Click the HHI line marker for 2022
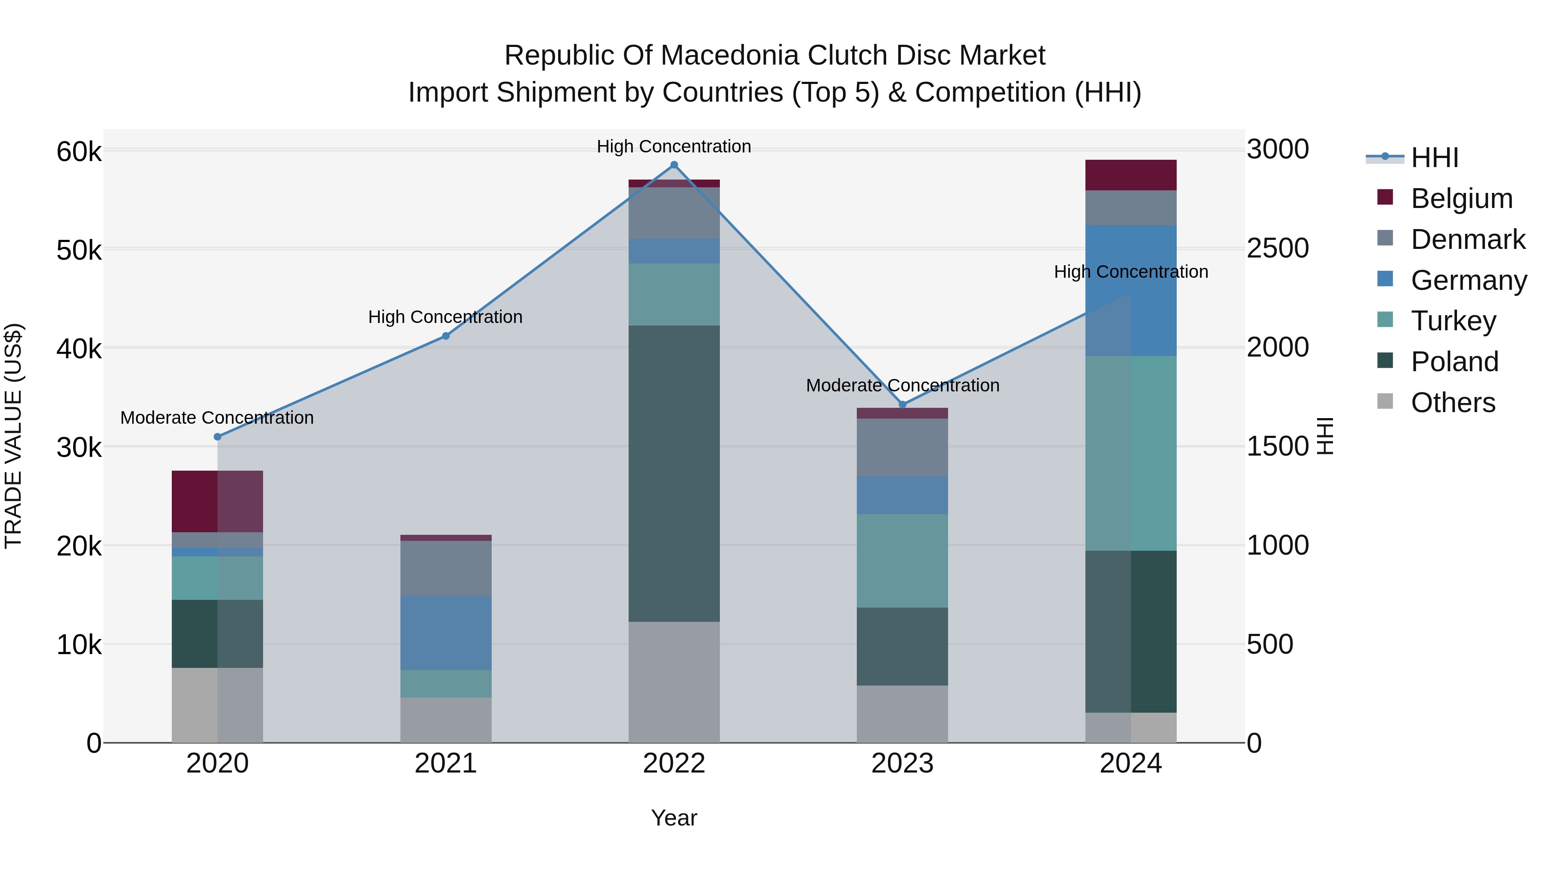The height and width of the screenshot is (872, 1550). pyautogui.click(x=674, y=165)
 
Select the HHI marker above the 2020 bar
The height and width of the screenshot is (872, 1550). pyautogui.click(x=217, y=437)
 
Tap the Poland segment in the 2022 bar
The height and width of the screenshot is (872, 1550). pyautogui.click(x=674, y=474)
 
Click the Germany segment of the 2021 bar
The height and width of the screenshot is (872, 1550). pyautogui.click(x=446, y=633)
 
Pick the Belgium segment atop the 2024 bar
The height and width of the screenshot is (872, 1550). pyautogui.click(x=1131, y=175)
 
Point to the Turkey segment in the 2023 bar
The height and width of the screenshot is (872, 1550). pyautogui.click(x=902, y=561)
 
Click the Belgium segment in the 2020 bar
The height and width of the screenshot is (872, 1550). pyautogui.click(x=217, y=501)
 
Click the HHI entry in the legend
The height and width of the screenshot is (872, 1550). pyautogui.click(x=1435, y=158)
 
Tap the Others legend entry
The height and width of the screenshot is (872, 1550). pyautogui.click(x=1453, y=403)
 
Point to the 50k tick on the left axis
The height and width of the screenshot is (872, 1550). pyautogui.click(x=79, y=250)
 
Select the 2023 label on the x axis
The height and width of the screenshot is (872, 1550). pyautogui.click(x=902, y=763)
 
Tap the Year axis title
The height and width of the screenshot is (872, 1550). pyautogui.click(x=674, y=818)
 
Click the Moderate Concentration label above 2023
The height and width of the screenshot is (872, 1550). pyautogui.click(x=902, y=385)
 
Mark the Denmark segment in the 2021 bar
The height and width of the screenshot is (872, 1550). pyautogui.click(x=446, y=568)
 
